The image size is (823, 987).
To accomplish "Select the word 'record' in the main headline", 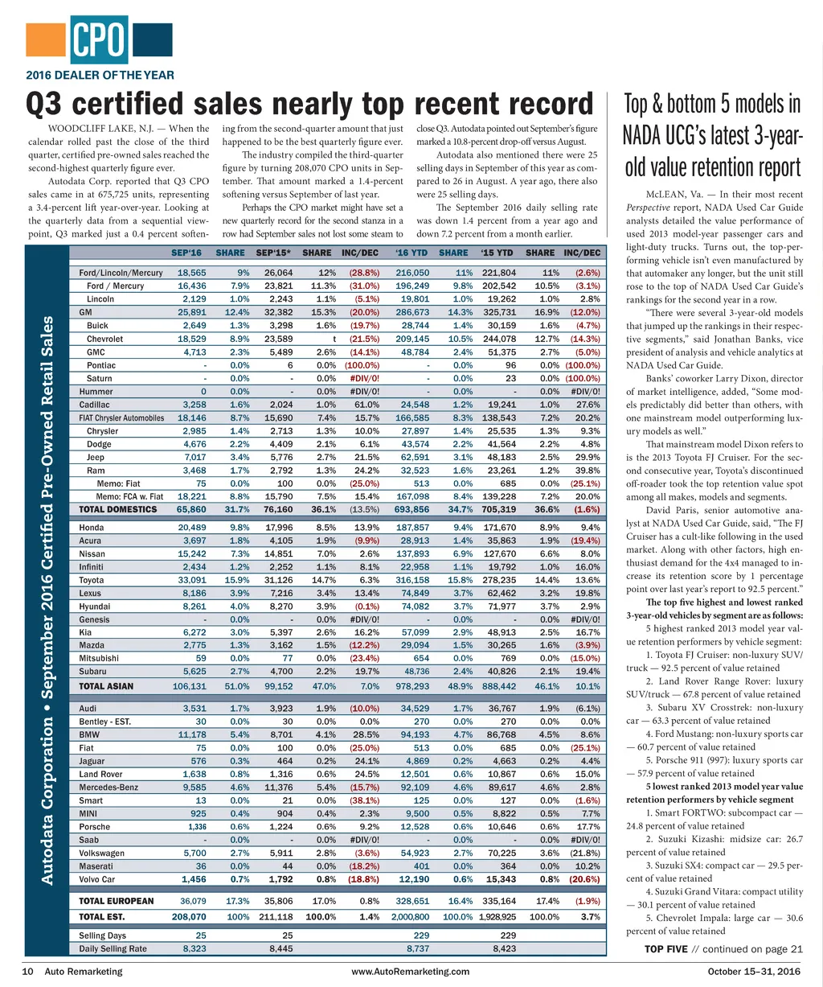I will [548, 105].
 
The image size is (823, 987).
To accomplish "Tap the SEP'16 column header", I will [186, 253].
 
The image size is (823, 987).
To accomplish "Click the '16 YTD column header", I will [411, 253].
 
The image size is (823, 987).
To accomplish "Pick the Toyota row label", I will [92, 580].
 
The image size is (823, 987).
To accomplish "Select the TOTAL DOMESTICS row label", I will [117, 509].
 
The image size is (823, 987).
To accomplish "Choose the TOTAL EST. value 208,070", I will [189, 916].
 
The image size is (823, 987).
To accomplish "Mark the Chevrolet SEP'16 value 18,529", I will [191, 339].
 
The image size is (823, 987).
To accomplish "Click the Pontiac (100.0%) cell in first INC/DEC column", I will [362, 365].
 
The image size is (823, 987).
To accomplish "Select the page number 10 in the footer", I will [27, 971].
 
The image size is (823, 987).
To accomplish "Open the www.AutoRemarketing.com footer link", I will [411, 971].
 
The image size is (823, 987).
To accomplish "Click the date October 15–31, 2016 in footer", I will [754, 971].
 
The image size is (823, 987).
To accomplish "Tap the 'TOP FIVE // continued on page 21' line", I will [723, 948].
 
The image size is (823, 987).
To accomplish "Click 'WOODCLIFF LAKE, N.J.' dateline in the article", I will [103, 129].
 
